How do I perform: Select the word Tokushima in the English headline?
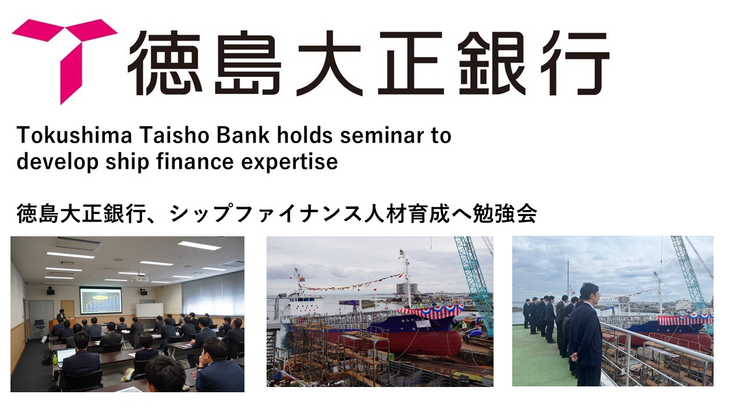(x=74, y=136)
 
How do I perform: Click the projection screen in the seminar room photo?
(x=101, y=300)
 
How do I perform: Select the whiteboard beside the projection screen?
(x=150, y=310)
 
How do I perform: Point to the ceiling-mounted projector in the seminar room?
(x=140, y=279)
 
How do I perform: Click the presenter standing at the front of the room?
(x=61, y=317)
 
